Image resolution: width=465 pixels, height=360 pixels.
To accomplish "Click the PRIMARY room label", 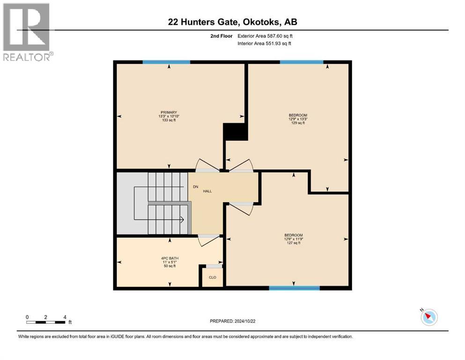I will [x=169, y=112].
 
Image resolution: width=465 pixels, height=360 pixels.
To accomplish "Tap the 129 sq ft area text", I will [x=297, y=123].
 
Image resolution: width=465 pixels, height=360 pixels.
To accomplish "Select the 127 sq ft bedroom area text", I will [x=294, y=243].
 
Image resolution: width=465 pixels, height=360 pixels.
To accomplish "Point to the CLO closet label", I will [x=212, y=277].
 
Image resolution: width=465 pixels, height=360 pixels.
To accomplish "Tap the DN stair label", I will [x=196, y=187].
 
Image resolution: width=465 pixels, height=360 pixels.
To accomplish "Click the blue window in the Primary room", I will [x=166, y=62].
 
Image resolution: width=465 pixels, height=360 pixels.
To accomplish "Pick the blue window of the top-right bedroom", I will [x=301, y=62].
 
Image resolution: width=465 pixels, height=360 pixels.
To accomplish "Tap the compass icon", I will [x=428, y=317].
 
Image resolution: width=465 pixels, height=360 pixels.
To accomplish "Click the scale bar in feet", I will [x=46, y=322].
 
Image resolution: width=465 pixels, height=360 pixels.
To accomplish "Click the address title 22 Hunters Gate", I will [x=232, y=22].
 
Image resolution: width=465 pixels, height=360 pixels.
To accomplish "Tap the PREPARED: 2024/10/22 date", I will [x=234, y=321].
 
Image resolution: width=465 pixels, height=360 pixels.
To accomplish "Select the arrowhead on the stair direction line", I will [x=182, y=219].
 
